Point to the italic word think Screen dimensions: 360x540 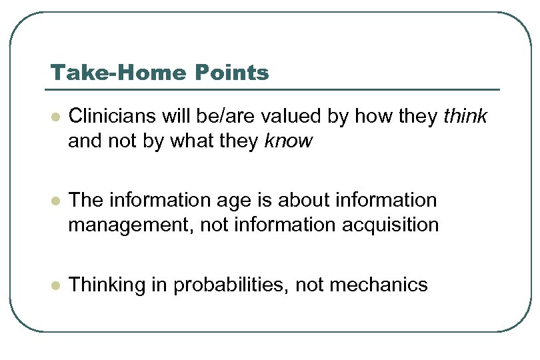click(x=465, y=117)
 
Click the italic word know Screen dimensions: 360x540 click(x=289, y=141)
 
